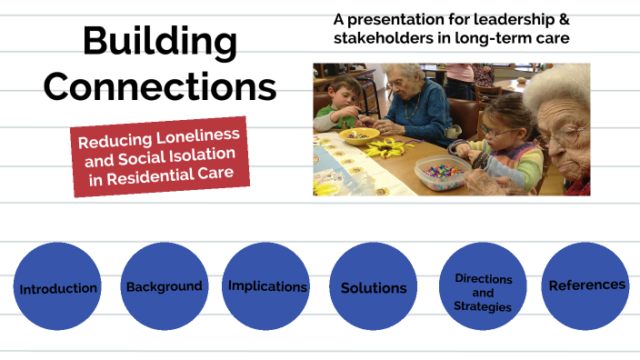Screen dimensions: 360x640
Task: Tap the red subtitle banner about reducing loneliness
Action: [x=161, y=154]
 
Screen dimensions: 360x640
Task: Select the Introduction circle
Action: [x=58, y=288]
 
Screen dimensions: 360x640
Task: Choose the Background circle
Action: [x=164, y=286]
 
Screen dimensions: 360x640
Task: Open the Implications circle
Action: [x=267, y=286]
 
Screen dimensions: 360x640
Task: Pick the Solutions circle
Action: [x=374, y=288]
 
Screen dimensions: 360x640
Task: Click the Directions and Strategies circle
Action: [x=483, y=292]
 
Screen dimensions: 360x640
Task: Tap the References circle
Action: [x=586, y=285]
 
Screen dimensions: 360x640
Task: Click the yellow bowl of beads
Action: [x=358, y=135]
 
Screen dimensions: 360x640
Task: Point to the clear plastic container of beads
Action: [x=443, y=172]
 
